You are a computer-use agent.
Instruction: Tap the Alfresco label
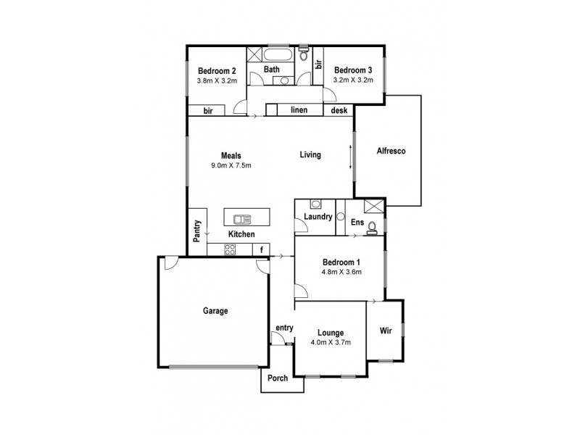click(390, 152)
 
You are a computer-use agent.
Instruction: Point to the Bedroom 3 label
click(353, 70)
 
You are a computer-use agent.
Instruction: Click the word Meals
click(231, 155)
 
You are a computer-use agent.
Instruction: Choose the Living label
click(311, 155)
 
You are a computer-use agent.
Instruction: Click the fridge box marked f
click(261, 249)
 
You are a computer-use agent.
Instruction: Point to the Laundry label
click(319, 217)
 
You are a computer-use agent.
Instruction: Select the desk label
click(339, 110)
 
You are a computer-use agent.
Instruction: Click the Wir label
click(386, 331)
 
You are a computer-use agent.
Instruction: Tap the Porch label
click(277, 378)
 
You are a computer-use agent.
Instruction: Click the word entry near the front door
click(284, 328)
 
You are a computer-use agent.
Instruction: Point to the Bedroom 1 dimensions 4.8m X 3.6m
click(341, 272)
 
